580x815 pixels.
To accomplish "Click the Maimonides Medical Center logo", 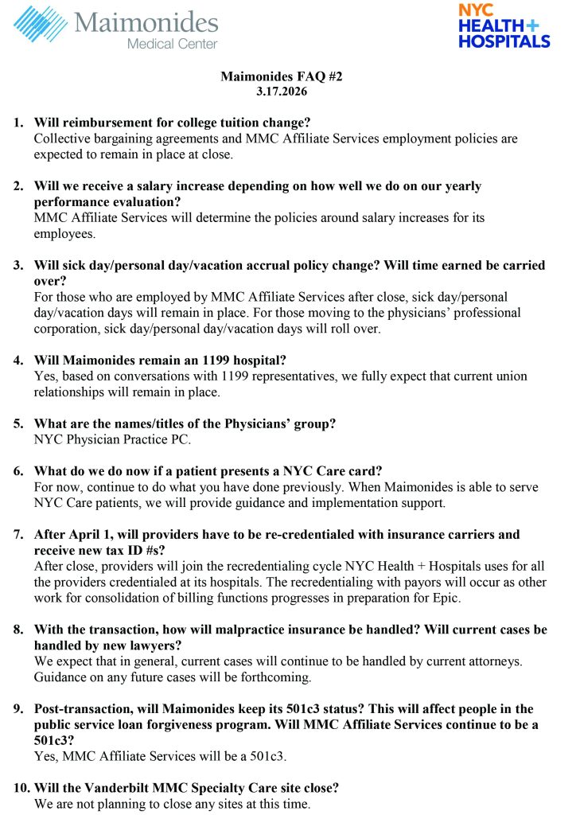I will (116, 26).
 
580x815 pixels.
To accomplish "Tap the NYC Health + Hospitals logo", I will (504, 25).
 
